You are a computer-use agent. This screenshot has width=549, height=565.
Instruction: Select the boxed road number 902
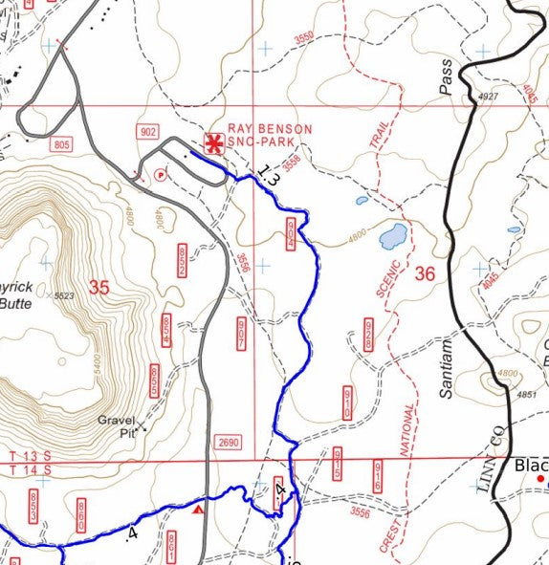click(147, 131)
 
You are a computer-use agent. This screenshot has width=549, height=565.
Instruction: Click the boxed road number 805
click(62, 143)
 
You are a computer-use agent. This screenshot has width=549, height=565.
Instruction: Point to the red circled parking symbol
click(160, 174)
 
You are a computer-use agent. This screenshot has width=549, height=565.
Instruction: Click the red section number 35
click(99, 286)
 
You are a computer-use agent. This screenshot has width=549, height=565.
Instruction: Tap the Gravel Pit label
click(119, 424)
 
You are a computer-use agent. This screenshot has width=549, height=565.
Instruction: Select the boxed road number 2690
click(228, 443)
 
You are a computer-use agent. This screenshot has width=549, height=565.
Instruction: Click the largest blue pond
click(392, 235)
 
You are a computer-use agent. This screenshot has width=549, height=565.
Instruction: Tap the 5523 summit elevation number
click(63, 296)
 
